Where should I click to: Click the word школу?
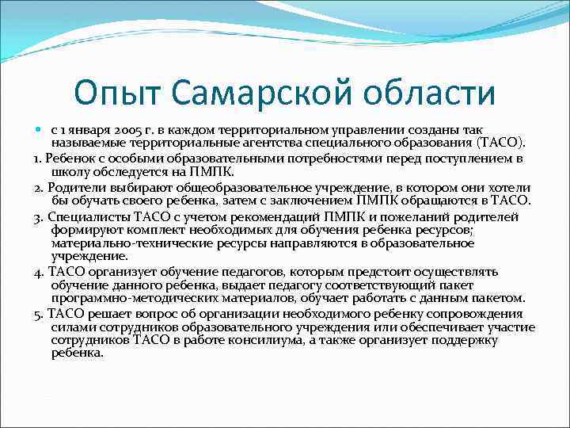coord(69,171)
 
